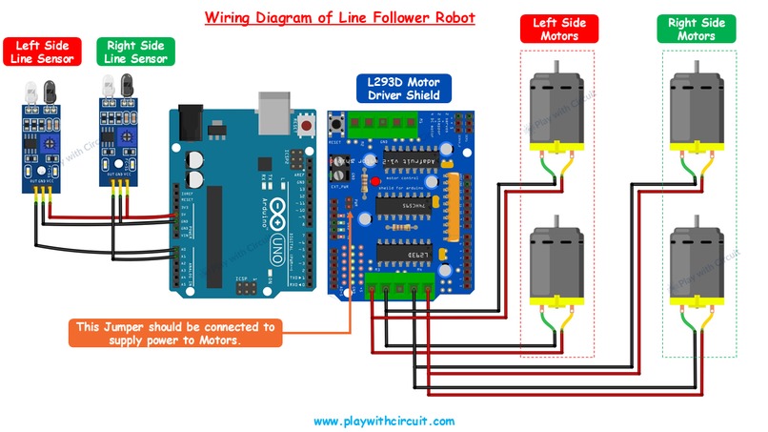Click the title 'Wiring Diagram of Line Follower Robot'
(x=338, y=18)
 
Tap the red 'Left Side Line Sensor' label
(x=43, y=51)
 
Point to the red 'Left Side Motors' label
(x=558, y=28)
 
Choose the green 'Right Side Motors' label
(x=697, y=28)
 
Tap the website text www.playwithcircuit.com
(x=383, y=420)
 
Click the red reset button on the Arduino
(x=307, y=124)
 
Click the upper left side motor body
(x=556, y=107)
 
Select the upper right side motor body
(x=697, y=107)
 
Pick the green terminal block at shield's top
(x=383, y=120)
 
